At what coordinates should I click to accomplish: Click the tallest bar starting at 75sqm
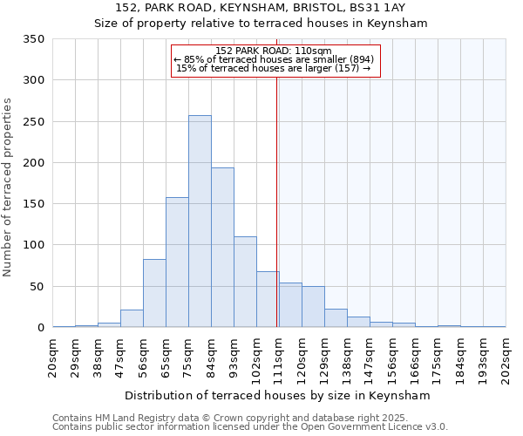(200, 221)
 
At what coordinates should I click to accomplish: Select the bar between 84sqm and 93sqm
(222, 248)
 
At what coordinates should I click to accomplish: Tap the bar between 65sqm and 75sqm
(177, 262)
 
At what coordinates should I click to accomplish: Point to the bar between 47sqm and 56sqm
(132, 318)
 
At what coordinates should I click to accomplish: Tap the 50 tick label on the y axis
(37, 286)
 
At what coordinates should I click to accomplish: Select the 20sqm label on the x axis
(52, 356)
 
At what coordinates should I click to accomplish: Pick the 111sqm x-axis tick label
(279, 358)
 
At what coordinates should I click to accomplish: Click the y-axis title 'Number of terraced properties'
(8, 187)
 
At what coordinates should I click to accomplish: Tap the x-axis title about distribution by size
(279, 395)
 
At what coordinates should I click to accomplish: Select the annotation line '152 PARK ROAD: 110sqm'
(273, 51)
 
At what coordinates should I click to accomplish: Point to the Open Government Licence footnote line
(250, 427)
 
